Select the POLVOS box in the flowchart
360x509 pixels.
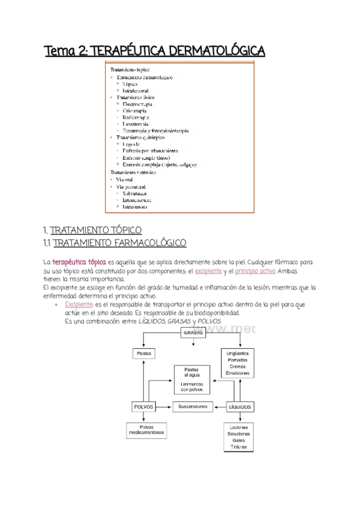tap(143, 406)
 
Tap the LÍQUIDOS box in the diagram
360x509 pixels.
tap(238, 406)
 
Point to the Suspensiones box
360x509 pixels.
tap(193, 406)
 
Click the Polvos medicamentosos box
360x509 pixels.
tap(144, 430)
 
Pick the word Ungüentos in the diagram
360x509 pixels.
tap(238, 352)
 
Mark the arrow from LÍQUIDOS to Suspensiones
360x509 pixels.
tap(218, 406)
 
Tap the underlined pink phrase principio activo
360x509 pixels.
tap(256, 271)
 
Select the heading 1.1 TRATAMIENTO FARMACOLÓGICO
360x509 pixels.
tap(115, 242)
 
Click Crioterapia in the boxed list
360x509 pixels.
tap(134, 111)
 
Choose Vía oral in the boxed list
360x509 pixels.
tap(124, 179)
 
